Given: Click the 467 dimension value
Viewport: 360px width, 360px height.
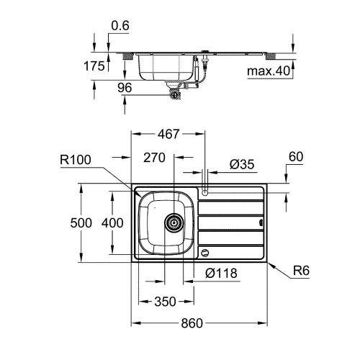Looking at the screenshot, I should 168,134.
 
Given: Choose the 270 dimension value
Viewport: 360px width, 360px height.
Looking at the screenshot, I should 154,157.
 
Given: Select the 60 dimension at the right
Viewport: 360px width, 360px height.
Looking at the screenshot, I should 296,156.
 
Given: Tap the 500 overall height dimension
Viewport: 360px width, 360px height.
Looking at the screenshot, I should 81,223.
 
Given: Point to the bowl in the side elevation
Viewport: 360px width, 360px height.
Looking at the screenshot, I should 165,69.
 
